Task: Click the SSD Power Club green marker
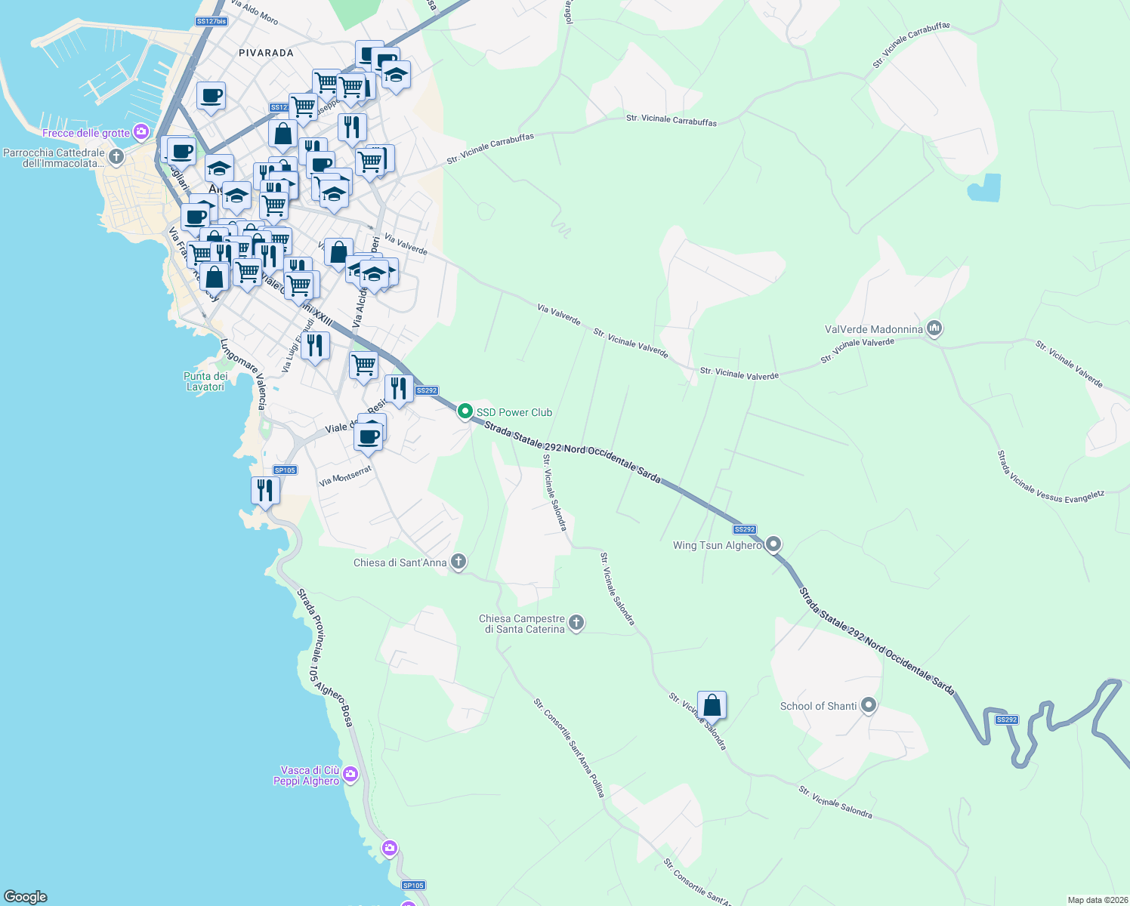[465, 411]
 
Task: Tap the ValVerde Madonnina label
[873, 329]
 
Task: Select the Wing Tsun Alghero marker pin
[773, 544]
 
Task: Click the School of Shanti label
[818, 706]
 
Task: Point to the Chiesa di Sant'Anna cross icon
[458, 562]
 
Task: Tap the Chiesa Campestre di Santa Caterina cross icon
[576, 623]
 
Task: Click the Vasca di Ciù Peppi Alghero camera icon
[350, 774]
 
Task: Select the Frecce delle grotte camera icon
[141, 132]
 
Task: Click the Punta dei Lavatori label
[205, 381]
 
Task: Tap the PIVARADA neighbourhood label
[266, 53]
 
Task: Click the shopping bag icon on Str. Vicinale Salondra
[712, 706]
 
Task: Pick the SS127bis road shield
[211, 21]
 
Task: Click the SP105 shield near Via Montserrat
[285, 470]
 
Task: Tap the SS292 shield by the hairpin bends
[1006, 720]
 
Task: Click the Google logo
[26, 896]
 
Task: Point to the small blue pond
[984, 188]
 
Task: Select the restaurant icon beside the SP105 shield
[265, 490]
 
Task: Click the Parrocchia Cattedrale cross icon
[116, 156]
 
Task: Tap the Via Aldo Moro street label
[255, 12]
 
